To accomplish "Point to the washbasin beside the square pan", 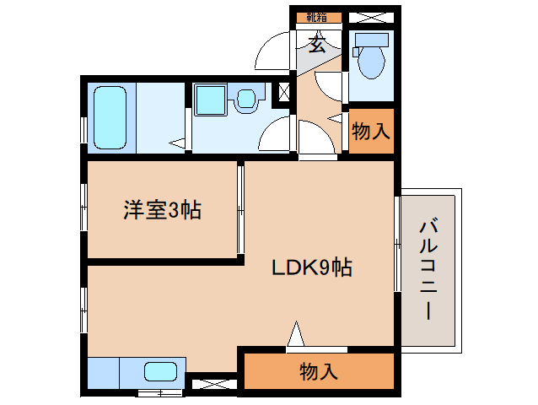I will pos(246,100).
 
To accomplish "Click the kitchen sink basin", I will pos(160,371).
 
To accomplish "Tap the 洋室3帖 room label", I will pos(162,210).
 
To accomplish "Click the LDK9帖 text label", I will pos(311,268).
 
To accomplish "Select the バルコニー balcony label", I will pos(428,268).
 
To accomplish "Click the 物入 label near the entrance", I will pos(371,132).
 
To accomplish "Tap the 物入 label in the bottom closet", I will pos(319,370).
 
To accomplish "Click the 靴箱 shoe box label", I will pos(317,17).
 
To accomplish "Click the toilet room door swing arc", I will pos(329,87).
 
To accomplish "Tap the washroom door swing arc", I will pos(277,135).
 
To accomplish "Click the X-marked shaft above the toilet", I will pos(370,17).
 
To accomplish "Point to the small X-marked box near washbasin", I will pos(284,91).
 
